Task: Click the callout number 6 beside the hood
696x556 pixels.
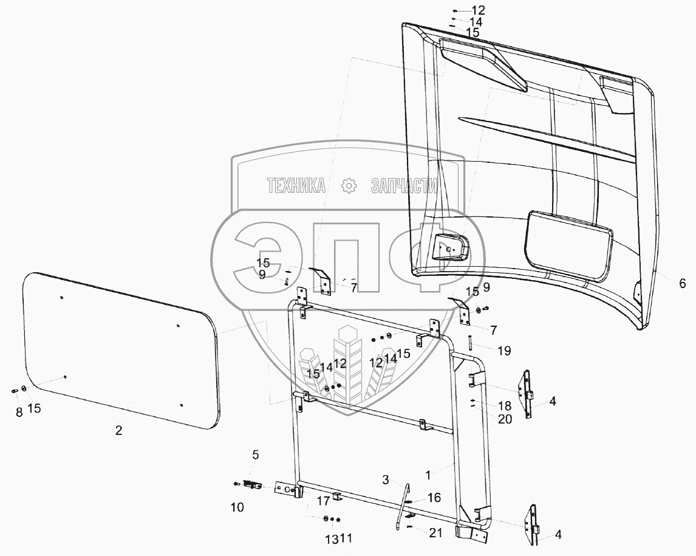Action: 682,283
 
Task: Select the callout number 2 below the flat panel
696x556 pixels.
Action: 119,430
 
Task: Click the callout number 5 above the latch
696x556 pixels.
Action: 255,455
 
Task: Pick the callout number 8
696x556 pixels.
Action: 19,411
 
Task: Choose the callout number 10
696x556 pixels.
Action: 237,507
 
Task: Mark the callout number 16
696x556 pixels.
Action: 434,498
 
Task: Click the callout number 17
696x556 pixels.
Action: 323,501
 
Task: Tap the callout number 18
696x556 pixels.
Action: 505,405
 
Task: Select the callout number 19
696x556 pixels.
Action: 504,351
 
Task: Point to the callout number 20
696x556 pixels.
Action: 505,419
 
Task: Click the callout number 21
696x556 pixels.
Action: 435,533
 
